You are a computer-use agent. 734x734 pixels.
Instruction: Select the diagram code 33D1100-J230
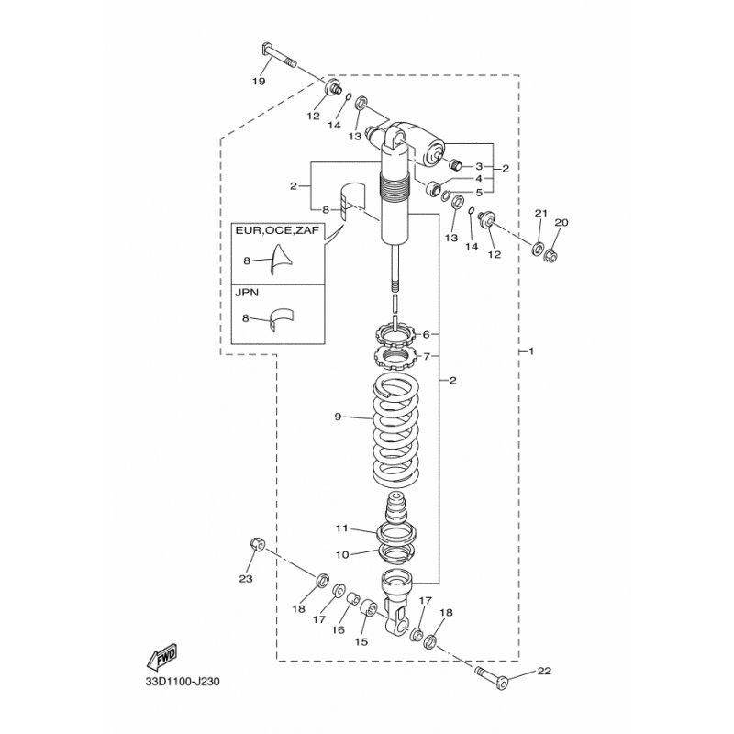[x=183, y=682]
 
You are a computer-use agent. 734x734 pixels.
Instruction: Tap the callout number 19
[x=259, y=82]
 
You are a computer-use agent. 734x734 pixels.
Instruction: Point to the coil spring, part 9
[x=396, y=431]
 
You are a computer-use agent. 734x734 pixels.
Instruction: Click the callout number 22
[x=544, y=671]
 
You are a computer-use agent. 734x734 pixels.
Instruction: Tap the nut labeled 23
[x=257, y=544]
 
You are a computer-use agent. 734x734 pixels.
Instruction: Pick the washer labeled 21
[x=538, y=248]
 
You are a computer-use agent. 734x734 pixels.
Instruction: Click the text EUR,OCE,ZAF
[x=277, y=231]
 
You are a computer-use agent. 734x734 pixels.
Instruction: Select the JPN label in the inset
[x=247, y=293]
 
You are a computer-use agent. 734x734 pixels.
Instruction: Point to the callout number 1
[x=531, y=350]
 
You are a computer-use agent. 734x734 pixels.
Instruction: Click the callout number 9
[x=338, y=417]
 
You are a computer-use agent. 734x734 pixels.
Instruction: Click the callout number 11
[x=341, y=528]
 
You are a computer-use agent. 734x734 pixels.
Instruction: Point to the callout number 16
[x=338, y=630]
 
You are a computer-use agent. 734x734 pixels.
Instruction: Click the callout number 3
[x=479, y=166]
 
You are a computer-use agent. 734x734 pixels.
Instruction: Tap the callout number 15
[x=361, y=641]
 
